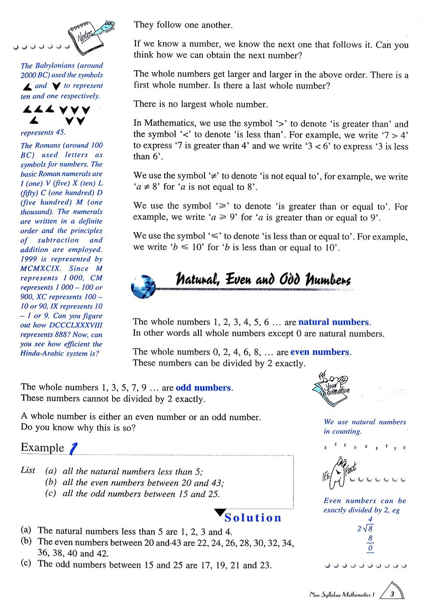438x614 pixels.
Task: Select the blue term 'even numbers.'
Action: click(321, 352)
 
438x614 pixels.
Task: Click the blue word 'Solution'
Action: click(253, 518)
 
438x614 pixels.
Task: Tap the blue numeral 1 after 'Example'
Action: click(74, 448)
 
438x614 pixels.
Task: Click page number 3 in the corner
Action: click(392, 594)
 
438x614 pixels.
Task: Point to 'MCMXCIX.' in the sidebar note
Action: click(39, 268)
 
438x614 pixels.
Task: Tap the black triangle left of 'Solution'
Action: click(219, 513)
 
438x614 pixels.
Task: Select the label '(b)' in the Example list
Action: click(51, 483)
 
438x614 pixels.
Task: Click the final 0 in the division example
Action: click(370, 548)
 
